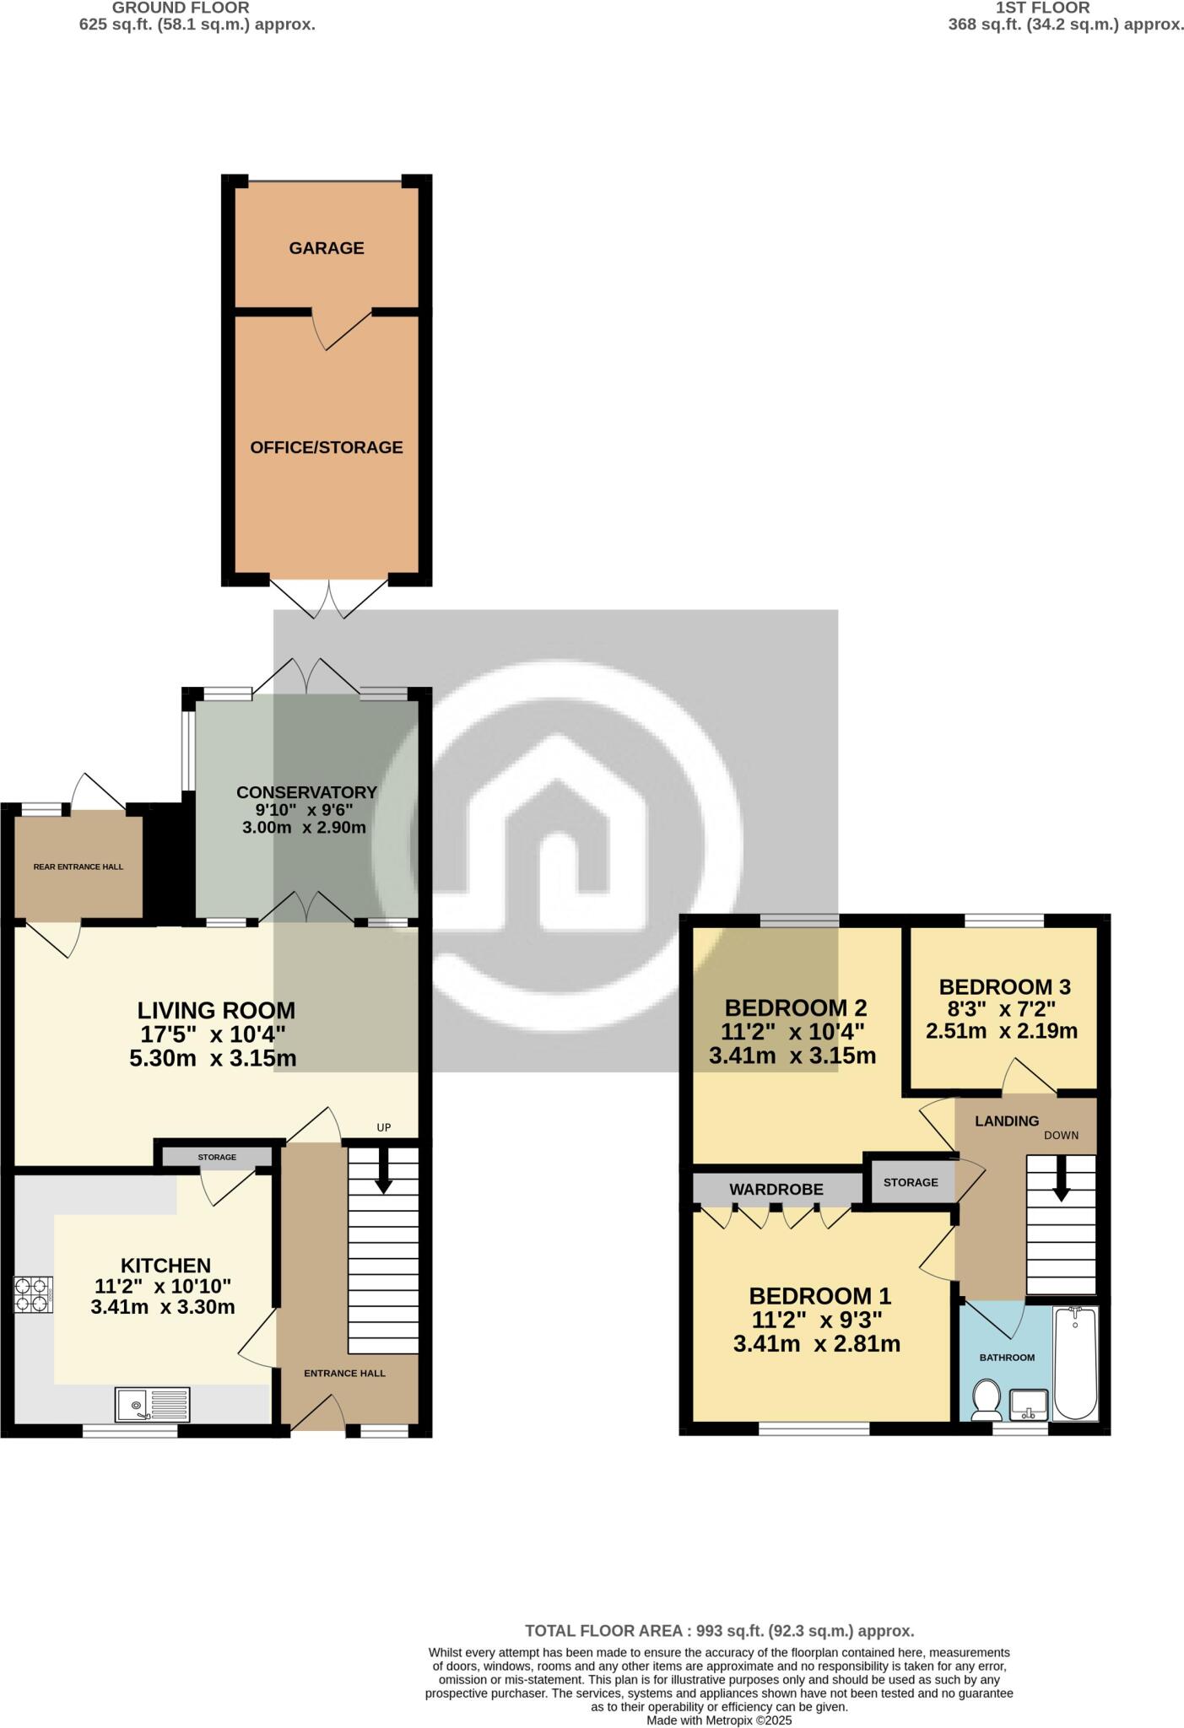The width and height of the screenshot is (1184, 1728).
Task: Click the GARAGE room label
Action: (x=326, y=248)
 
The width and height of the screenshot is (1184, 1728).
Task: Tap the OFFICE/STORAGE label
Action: (x=326, y=447)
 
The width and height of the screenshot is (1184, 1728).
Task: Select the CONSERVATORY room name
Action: (x=305, y=792)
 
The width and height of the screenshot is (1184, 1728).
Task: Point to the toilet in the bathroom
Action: (x=985, y=1400)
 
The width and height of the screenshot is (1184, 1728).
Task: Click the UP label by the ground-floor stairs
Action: (x=384, y=1127)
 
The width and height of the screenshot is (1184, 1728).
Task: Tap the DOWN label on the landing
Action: (x=1061, y=1135)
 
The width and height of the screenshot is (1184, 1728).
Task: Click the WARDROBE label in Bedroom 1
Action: (x=776, y=1190)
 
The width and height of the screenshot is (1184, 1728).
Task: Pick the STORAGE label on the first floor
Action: (x=911, y=1182)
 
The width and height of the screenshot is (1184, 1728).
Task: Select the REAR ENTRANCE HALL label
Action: (x=78, y=867)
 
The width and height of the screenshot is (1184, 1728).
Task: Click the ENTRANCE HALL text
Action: (x=344, y=1373)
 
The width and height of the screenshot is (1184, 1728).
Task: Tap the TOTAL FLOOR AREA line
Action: (x=719, y=1631)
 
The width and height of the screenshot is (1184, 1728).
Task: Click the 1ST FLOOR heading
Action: (x=1042, y=8)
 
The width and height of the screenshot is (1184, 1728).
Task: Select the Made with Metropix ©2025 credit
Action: (x=719, y=1720)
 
